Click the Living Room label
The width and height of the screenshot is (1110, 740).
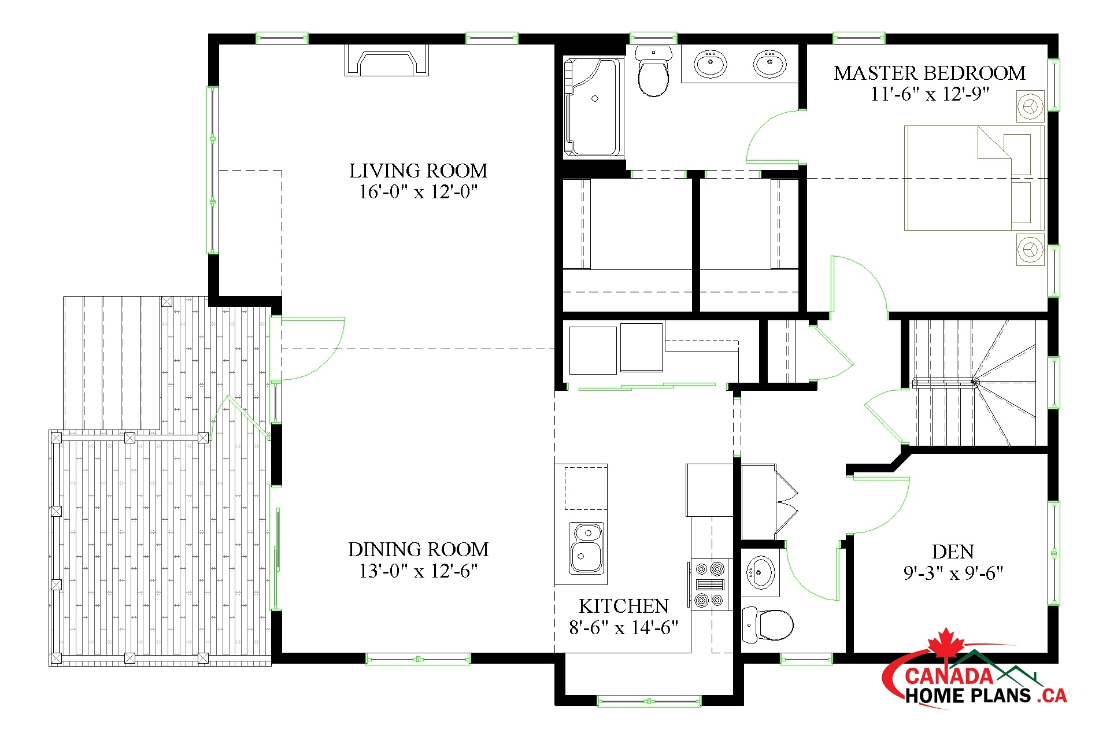coord(418,171)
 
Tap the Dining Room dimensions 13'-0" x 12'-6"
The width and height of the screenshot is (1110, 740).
coord(418,571)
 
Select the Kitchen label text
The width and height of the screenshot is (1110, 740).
coord(623,606)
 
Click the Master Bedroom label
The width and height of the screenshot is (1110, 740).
coord(929,73)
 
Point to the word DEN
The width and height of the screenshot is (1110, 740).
coord(953,552)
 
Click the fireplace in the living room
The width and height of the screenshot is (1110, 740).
coord(387,61)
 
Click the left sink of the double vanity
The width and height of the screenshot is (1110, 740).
coord(711,63)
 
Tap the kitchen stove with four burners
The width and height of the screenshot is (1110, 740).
coord(709,584)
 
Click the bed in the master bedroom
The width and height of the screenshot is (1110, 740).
coord(974,178)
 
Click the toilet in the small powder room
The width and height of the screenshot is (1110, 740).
coord(770,625)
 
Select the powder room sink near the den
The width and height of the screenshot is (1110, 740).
coord(760,572)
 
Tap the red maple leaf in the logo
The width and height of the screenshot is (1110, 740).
coord(945,643)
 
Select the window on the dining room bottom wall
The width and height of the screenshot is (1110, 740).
coord(418,659)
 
